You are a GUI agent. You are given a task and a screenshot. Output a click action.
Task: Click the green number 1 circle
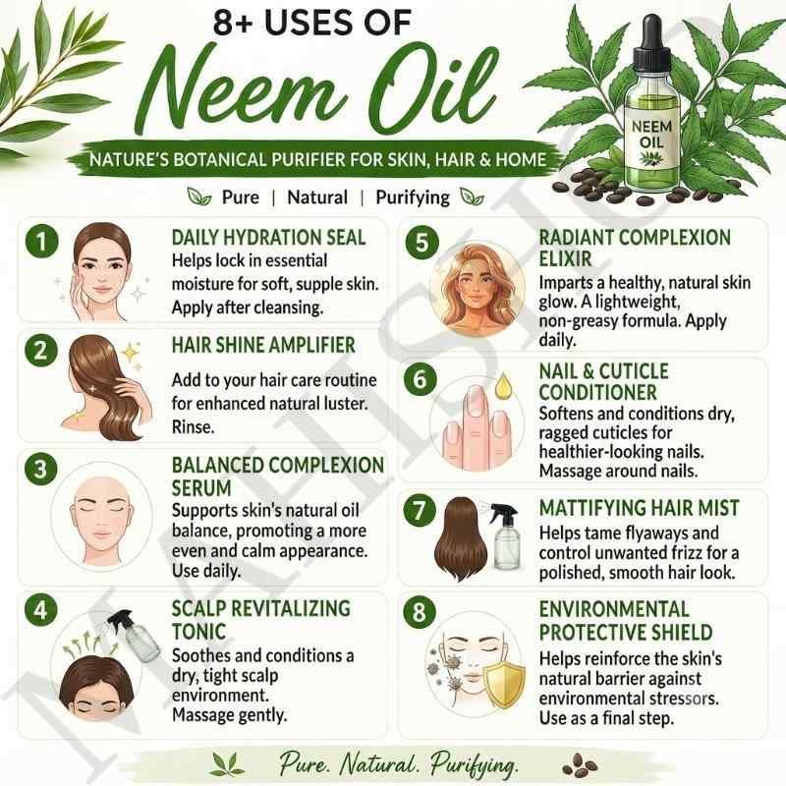[41, 241]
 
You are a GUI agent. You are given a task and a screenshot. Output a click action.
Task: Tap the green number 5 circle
[422, 243]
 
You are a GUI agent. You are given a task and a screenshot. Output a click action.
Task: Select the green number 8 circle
[420, 612]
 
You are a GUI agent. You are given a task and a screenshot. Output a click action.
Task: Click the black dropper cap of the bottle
[651, 42]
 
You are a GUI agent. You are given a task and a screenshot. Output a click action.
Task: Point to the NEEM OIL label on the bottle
[651, 141]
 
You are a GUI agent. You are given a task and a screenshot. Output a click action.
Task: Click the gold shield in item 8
[504, 684]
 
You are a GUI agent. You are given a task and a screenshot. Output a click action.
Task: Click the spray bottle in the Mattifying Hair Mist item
[505, 536]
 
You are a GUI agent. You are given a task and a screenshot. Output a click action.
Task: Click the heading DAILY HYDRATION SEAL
[268, 238]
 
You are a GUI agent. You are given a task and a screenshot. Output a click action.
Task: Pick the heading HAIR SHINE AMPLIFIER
[263, 345]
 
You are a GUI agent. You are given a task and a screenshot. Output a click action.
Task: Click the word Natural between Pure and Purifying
[317, 197]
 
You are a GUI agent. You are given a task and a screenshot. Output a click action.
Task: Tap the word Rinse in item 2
[193, 427]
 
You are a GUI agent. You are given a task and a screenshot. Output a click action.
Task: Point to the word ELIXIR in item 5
[566, 258]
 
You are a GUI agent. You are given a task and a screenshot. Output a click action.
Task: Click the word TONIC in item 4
[199, 632]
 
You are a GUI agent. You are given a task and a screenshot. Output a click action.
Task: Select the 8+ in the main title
[233, 23]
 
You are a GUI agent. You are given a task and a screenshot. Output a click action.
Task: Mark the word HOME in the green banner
[521, 159]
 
